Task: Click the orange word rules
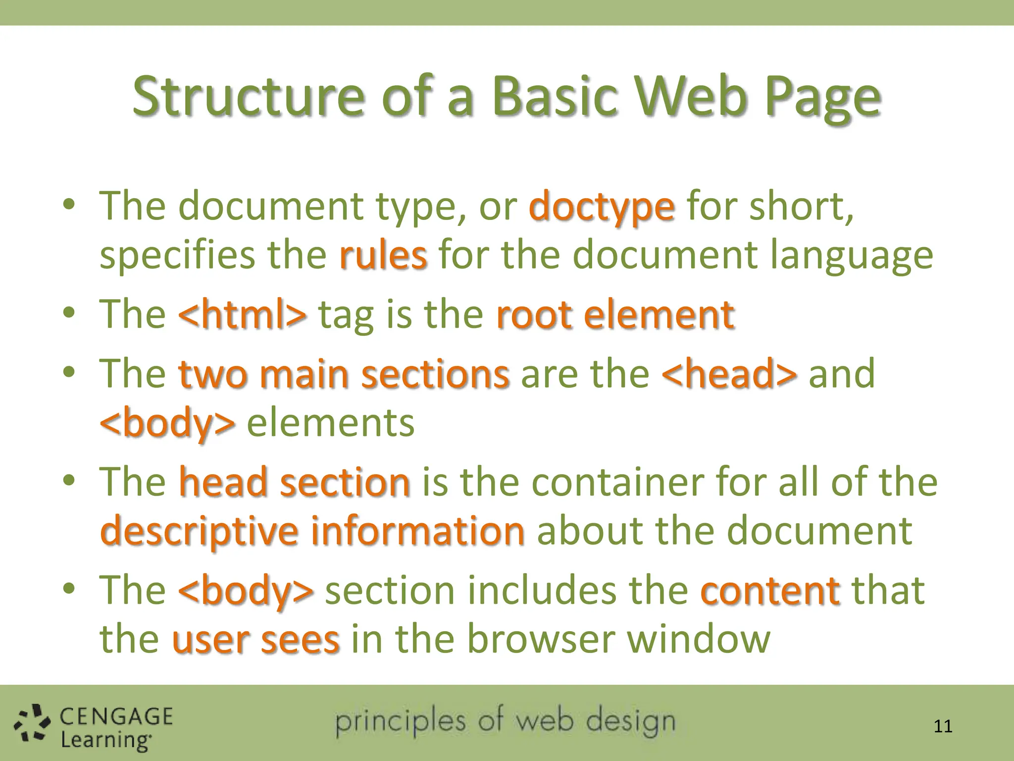[383, 255]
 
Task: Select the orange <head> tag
[729, 374]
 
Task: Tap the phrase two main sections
[344, 374]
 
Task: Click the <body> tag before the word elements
[167, 423]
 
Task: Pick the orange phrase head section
[294, 482]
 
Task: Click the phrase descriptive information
[312, 530]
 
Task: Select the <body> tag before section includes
[246, 591]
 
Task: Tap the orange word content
[770, 591]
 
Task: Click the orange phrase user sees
[255, 639]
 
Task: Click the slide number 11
[943, 726]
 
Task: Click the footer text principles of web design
[505, 721]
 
